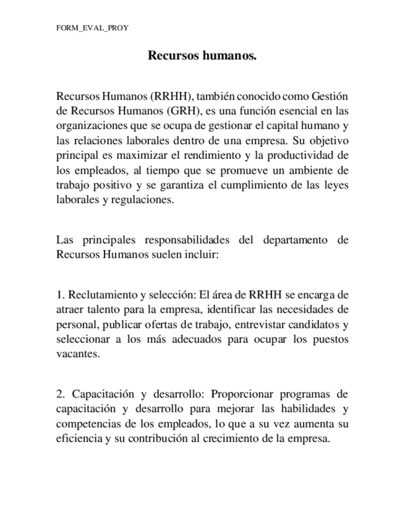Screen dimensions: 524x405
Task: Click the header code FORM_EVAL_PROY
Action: click(x=92, y=28)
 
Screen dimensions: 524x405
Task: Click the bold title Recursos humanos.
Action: click(x=202, y=56)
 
